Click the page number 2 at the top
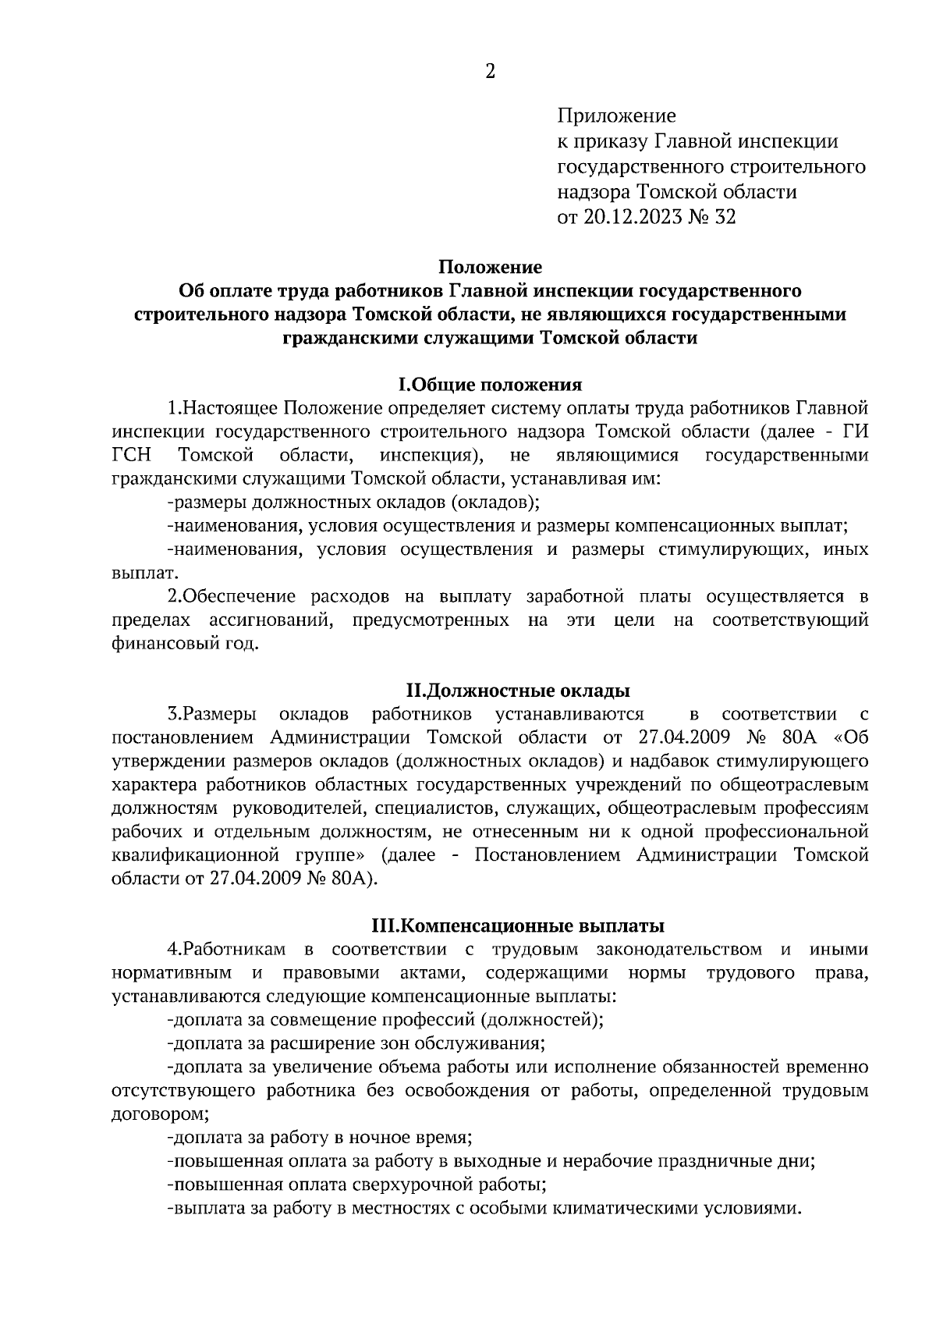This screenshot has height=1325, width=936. [x=490, y=72]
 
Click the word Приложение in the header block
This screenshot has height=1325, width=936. [x=616, y=117]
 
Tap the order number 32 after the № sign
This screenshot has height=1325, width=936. [x=725, y=217]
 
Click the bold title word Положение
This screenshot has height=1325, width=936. [x=490, y=267]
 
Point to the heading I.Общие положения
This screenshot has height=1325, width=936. [x=490, y=385]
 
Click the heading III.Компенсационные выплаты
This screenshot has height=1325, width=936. [x=518, y=926]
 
